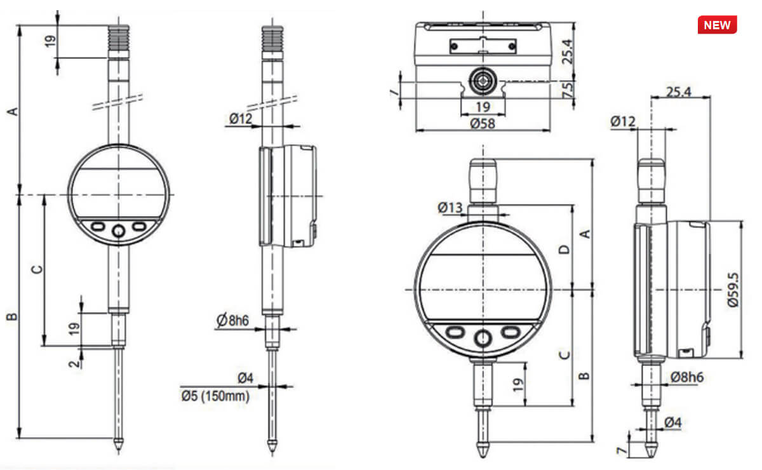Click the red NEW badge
[x=717, y=25]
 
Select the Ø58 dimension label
[x=483, y=123]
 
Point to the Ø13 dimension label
[x=451, y=208]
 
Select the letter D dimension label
[x=565, y=249]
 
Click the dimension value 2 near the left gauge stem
[x=75, y=363]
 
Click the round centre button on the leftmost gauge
[x=119, y=232]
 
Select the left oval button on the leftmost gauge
[x=98, y=226]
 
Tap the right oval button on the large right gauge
[x=511, y=332]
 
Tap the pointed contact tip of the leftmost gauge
[x=119, y=445]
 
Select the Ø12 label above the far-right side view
[x=623, y=121]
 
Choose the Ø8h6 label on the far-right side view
[x=686, y=377]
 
